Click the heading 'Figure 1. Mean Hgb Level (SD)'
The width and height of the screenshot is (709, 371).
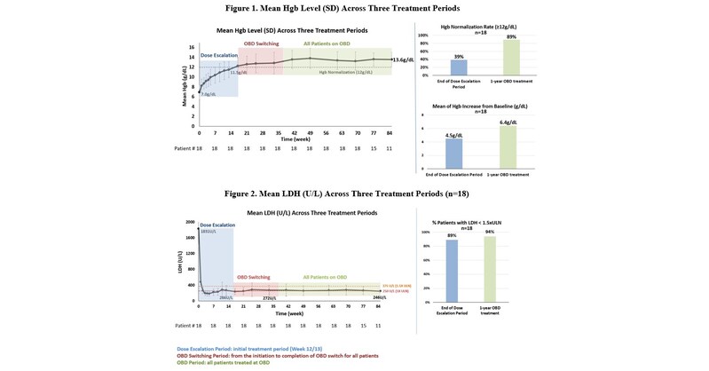click(x=354, y=8)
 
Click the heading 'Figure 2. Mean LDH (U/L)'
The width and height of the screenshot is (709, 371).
click(x=354, y=193)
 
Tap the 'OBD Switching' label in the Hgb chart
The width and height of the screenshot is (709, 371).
click(x=264, y=43)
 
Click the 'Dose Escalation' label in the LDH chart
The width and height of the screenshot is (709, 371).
click(x=216, y=225)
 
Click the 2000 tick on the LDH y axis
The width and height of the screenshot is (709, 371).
click(x=190, y=222)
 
